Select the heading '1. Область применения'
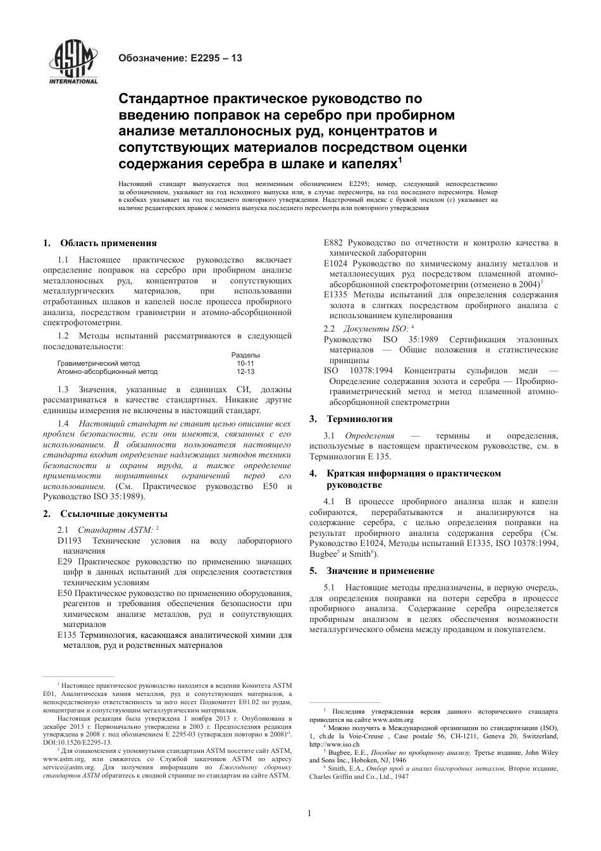pyautogui.click(x=100, y=243)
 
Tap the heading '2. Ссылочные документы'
pyautogui.click(x=106, y=514)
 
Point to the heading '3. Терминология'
pyautogui.click(x=351, y=419)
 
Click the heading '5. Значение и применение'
pyautogui.click(x=372, y=571)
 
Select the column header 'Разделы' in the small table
pyautogui.click(x=245, y=355)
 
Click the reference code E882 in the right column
pyautogui.click(x=333, y=243)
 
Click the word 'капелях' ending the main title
pyautogui.click(x=372, y=163)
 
